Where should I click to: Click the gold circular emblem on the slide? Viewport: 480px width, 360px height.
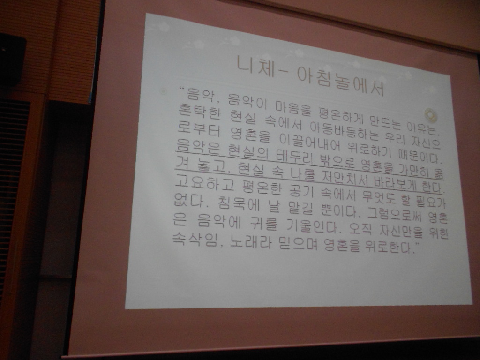(x=431, y=114)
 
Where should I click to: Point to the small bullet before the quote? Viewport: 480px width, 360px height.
(x=164, y=91)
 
